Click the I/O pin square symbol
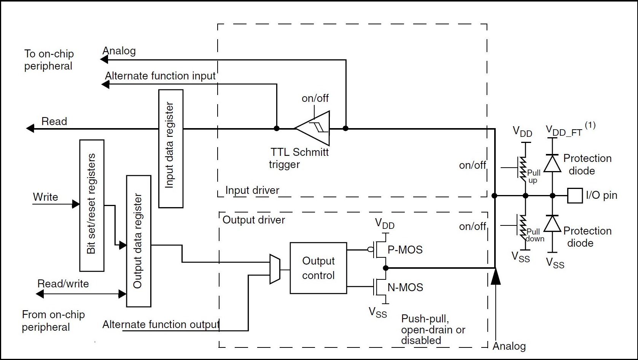[x=575, y=196]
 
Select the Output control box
[x=318, y=268]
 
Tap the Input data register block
[x=171, y=149]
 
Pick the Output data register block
[x=138, y=241]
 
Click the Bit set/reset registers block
[x=92, y=205]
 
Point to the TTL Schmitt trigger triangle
[x=314, y=128]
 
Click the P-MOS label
[x=405, y=250]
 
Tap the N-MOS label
[x=405, y=287]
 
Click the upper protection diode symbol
[x=552, y=164]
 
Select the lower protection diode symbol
[x=552, y=224]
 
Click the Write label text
[x=46, y=197]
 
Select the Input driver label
[x=252, y=190]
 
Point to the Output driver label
[x=254, y=220]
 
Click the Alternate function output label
[x=161, y=324]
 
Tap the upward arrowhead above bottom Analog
[x=495, y=276]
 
